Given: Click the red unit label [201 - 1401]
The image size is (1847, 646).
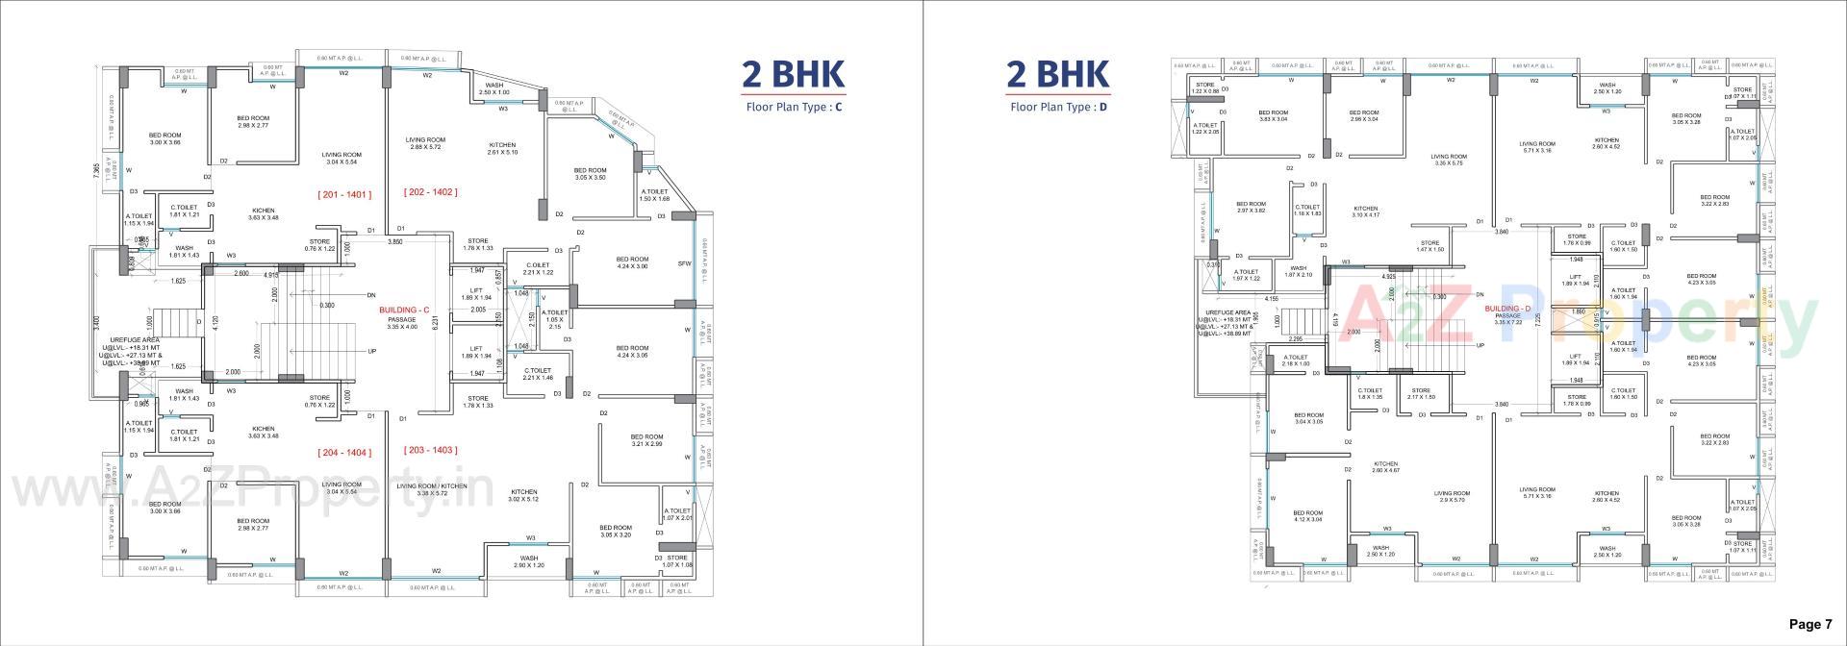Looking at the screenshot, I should point(344,194).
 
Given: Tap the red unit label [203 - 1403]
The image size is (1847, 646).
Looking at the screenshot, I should point(430,450).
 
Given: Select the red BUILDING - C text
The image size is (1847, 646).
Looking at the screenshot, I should point(403,310).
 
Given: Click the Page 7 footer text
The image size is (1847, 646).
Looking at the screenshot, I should point(1810,625).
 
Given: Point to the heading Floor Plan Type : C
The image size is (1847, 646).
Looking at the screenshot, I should point(794,107).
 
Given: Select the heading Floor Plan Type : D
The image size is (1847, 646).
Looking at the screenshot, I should point(1058,107).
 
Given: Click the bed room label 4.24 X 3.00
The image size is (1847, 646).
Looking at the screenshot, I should point(632,262).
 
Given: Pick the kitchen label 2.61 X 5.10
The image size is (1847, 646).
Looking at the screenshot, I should point(502,148).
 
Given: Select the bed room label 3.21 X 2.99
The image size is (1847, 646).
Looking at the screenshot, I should point(646,440).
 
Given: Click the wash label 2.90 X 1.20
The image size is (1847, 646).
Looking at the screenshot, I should point(529,561).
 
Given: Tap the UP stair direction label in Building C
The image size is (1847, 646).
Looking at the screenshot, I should point(372,351).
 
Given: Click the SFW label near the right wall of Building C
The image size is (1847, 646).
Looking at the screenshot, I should point(684,262).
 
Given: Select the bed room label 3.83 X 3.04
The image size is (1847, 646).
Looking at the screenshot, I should point(1273,115).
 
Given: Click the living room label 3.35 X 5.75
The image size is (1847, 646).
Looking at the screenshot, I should point(1448,160).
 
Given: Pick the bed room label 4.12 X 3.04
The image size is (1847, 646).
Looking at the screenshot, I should point(1307,516).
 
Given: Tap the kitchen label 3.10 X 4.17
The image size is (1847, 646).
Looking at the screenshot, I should point(1366,211).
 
